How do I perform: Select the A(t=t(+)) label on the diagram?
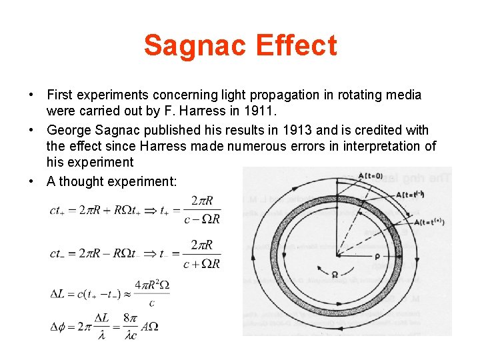point(429,221)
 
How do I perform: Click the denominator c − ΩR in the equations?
point(201,219)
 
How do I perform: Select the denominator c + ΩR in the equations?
point(201,263)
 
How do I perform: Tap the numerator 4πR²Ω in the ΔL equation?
point(152,285)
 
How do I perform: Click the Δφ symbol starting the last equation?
point(59,327)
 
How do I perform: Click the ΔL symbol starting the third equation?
point(59,294)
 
